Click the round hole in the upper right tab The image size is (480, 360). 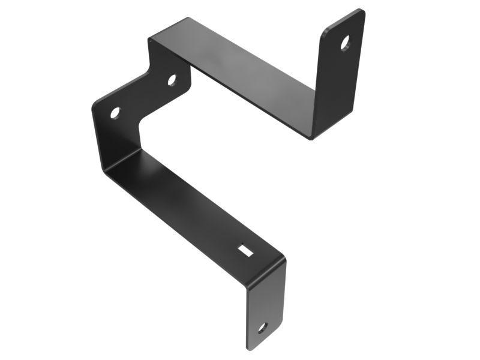[x=346, y=43]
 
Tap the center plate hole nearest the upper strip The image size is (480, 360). [x=172, y=79]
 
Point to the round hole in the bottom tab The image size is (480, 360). [x=262, y=328]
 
